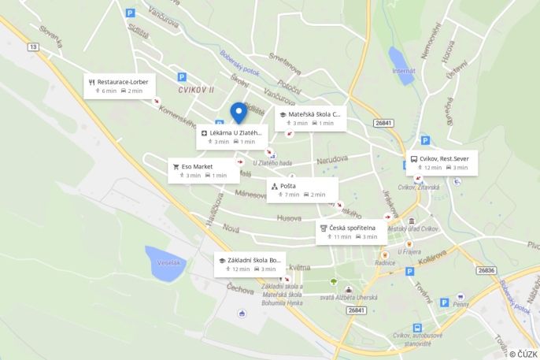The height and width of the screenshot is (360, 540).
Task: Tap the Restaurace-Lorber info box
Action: (x=120, y=86)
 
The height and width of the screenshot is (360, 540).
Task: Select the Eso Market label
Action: (x=203, y=170)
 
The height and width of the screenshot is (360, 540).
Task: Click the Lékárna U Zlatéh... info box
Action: (x=232, y=137)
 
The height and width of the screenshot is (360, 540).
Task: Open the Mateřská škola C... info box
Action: (x=310, y=118)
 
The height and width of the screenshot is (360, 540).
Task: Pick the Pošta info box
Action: (x=301, y=190)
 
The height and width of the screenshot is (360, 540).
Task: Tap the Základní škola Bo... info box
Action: (x=250, y=264)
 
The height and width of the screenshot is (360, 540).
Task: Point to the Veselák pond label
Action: (x=169, y=262)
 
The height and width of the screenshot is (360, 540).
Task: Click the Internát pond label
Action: (x=404, y=71)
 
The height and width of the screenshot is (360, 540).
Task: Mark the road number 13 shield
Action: (x=33, y=47)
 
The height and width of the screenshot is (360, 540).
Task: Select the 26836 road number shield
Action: (x=486, y=270)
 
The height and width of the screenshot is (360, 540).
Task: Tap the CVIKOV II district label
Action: (x=196, y=91)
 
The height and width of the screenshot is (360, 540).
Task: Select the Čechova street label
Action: (x=241, y=289)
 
